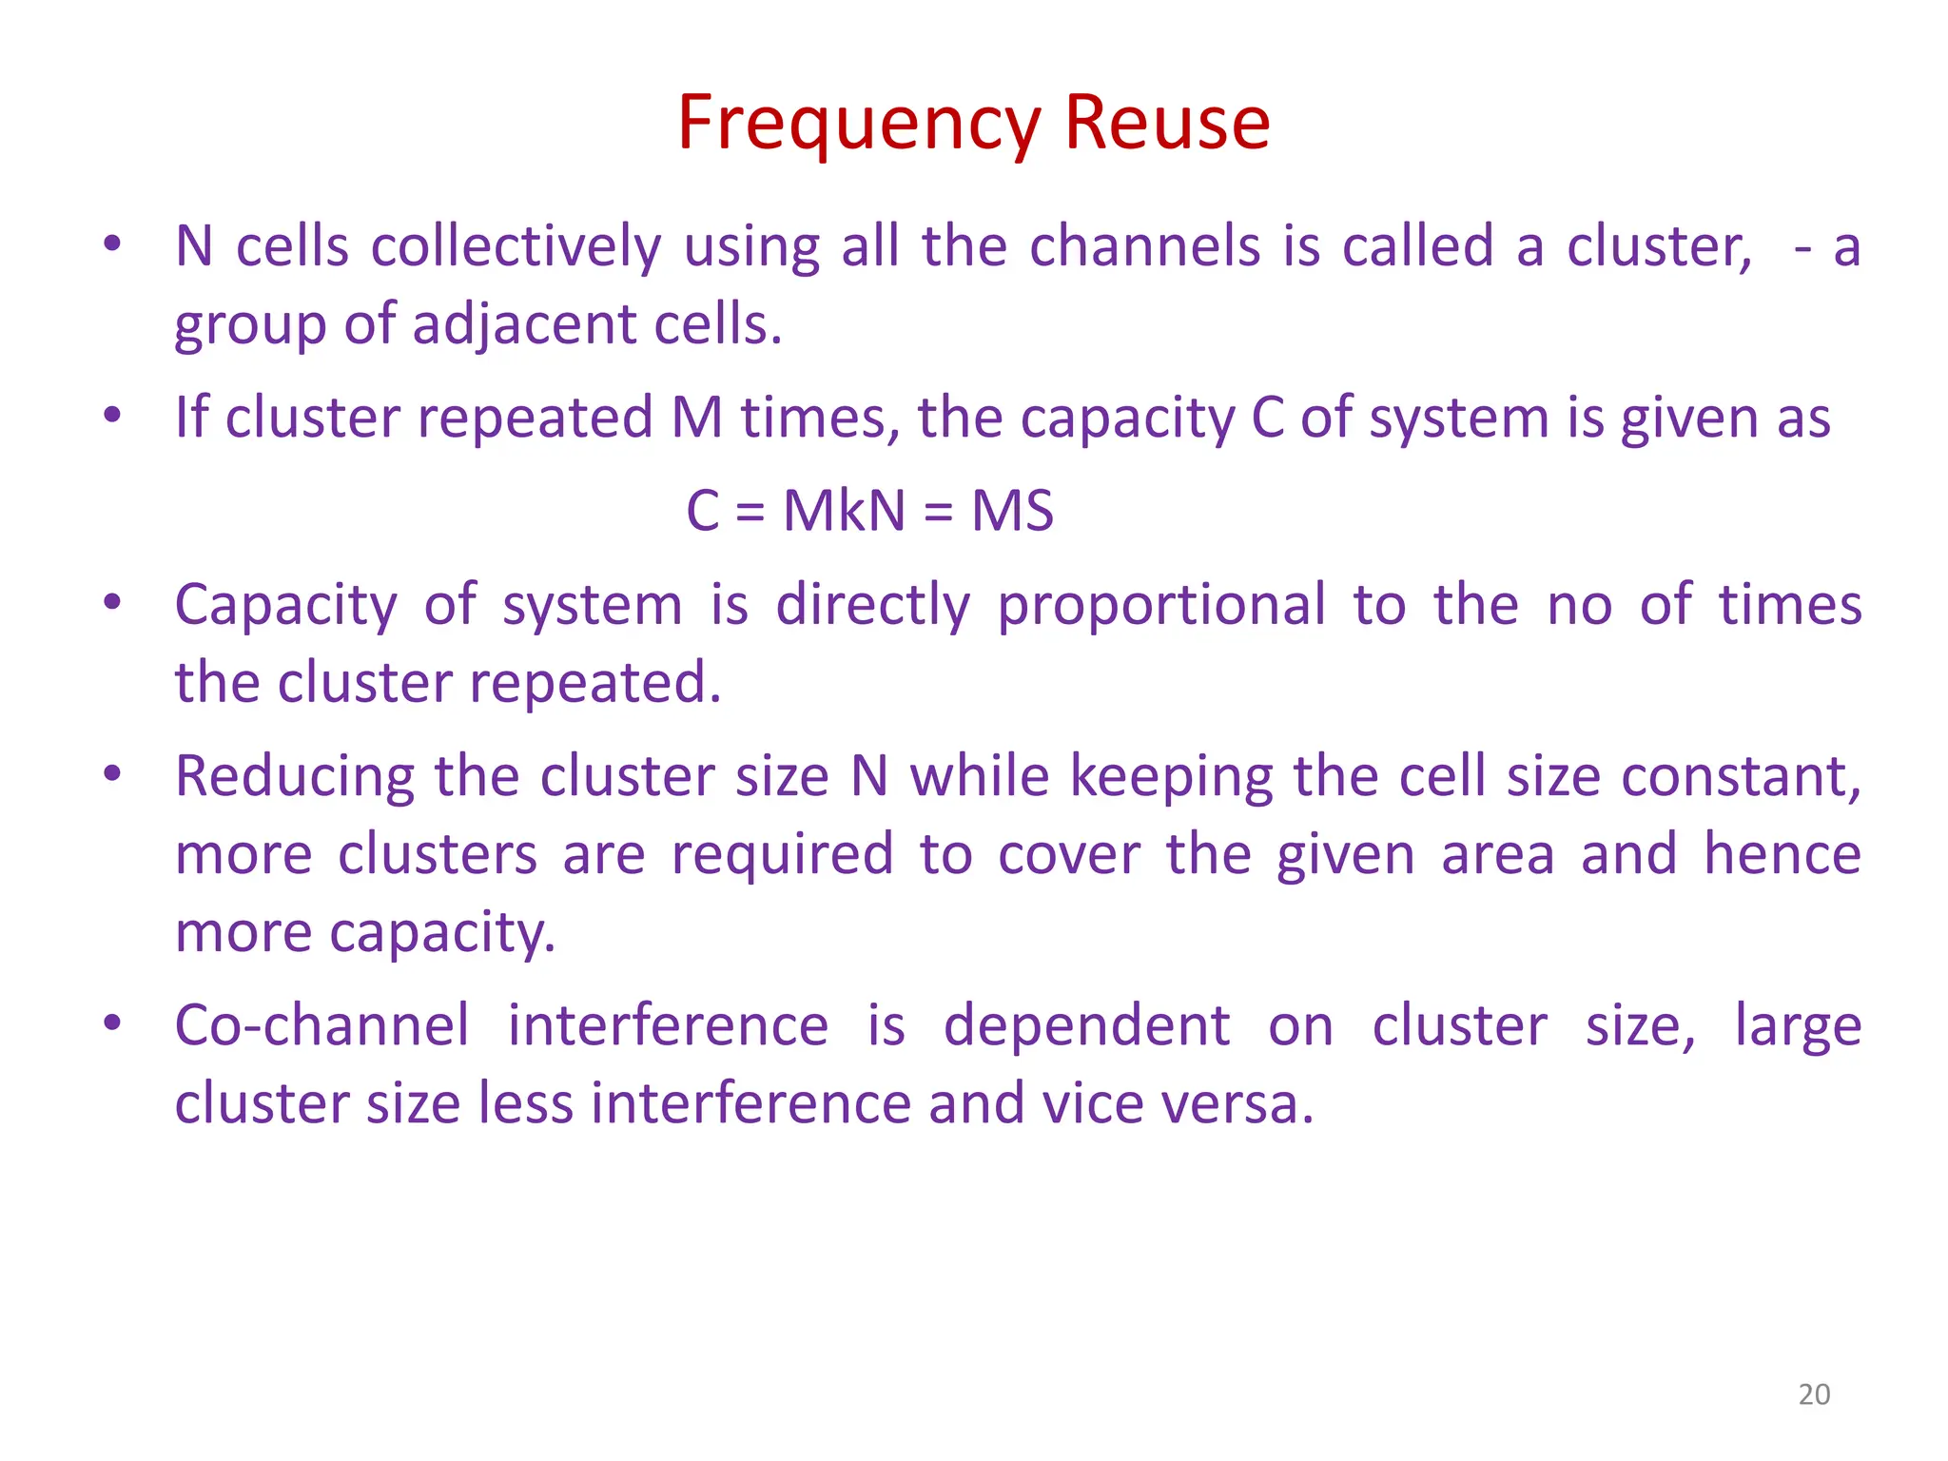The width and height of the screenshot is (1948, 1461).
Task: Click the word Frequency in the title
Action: point(859,124)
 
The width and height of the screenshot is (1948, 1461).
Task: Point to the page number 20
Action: point(1814,1394)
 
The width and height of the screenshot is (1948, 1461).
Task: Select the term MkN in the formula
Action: point(844,511)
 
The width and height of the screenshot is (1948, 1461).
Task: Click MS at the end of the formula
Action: point(1012,511)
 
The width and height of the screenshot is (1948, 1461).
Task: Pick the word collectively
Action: point(516,247)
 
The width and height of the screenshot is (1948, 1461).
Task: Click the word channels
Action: point(1147,246)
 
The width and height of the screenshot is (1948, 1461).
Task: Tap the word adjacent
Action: point(524,325)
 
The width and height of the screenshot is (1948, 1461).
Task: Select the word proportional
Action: point(1161,605)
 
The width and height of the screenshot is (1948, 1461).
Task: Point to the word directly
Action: point(872,605)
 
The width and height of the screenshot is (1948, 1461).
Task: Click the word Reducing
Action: point(295,777)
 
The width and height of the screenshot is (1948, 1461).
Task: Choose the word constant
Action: point(1740,777)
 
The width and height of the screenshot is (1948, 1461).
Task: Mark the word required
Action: point(782,854)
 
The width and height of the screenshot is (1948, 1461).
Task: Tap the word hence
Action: point(1782,854)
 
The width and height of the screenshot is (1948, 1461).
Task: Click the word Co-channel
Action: point(322,1026)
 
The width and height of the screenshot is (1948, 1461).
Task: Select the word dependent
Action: point(1086,1026)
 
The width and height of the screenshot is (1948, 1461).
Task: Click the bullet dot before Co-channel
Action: point(112,1023)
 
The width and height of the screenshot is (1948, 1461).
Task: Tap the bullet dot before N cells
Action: point(112,244)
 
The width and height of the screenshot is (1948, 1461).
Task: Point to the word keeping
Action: point(1171,777)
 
